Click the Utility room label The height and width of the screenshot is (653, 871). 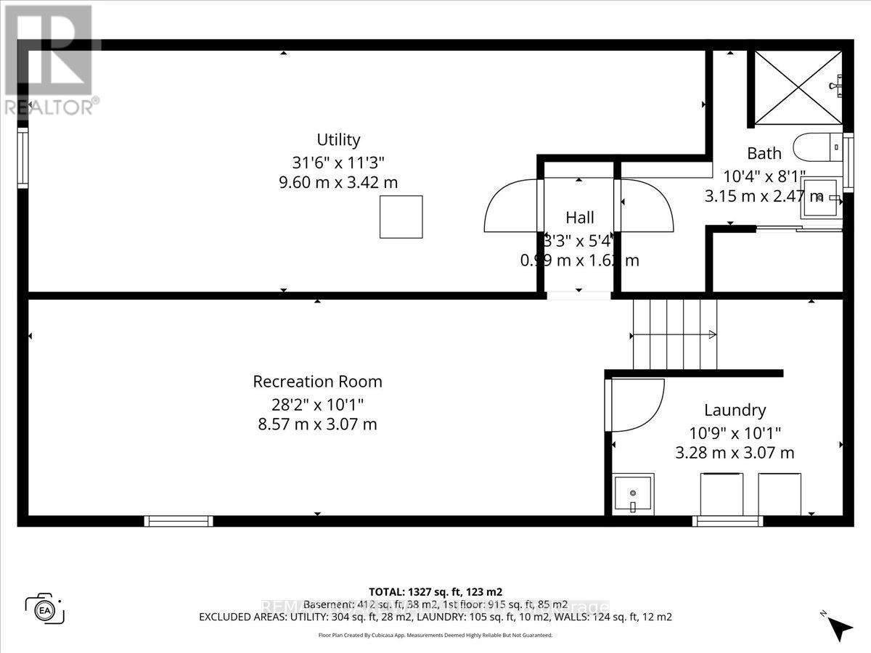click(338, 140)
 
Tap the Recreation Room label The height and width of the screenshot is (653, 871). click(317, 382)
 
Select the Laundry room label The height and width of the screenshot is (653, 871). click(735, 411)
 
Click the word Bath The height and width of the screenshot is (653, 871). click(764, 153)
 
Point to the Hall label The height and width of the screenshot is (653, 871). click(579, 218)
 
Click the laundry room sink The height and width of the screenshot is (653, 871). click(633, 494)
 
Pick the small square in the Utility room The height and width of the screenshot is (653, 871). click(401, 216)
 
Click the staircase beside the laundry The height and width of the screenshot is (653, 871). click(674, 334)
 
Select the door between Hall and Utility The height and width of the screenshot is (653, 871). click(512, 205)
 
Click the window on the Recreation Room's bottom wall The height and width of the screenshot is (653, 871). click(178, 521)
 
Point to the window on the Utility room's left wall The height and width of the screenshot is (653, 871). click(23, 157)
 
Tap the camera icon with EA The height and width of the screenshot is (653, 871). click(45, 609)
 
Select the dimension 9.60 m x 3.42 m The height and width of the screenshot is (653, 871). click(338, 182)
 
